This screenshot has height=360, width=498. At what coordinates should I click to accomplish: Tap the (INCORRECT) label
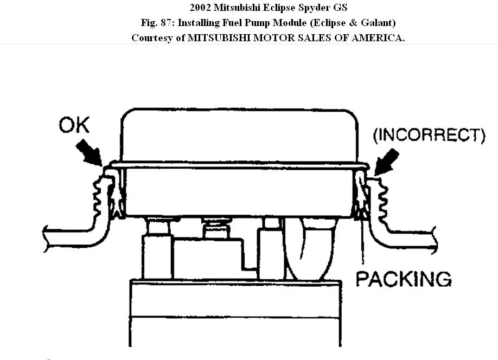pos(429,134)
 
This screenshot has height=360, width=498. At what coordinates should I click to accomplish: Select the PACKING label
pos(403,279)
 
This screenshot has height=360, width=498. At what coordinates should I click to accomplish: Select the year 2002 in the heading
pos(201,8)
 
